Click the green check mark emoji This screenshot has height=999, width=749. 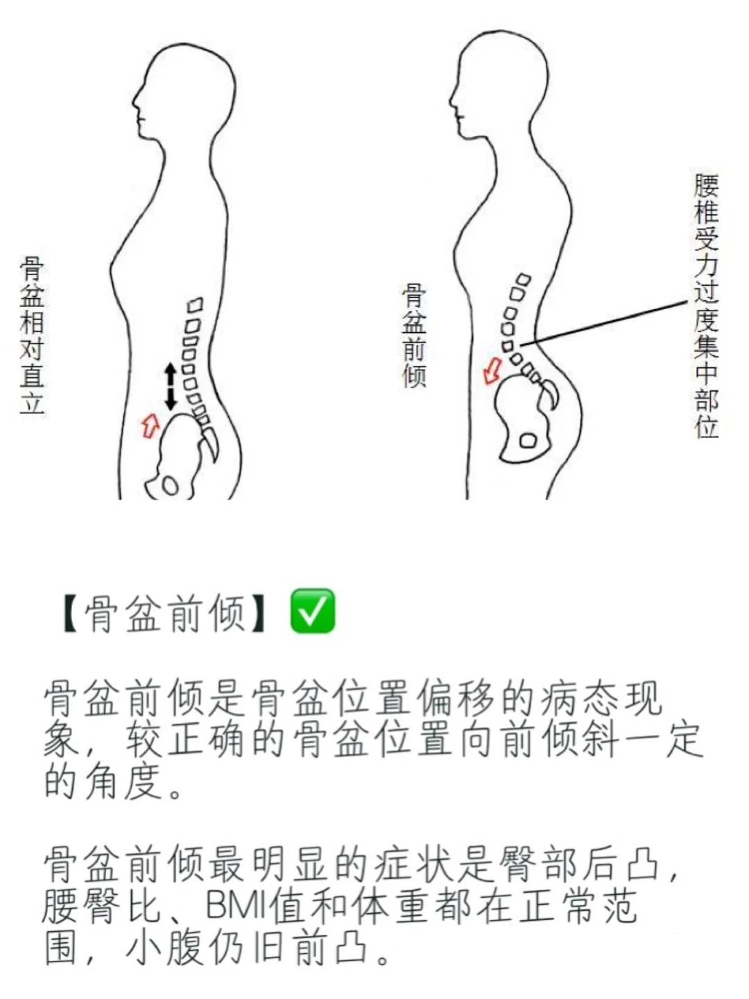click(x=312, y=610)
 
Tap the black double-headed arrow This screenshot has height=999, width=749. click(x=171, y=386)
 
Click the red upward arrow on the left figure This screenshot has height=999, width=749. click(x=150, y=426)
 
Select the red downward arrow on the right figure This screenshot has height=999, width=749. click(x=492, y=370)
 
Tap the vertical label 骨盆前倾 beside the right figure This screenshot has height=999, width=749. click(x=414, y=336)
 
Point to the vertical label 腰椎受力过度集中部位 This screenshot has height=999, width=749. click(x=706, y=305)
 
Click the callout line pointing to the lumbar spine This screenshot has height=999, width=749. click(x=603, y=322)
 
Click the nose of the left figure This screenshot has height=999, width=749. click(x=135, y=105)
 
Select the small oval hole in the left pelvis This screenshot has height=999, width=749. click(x=171, y=485)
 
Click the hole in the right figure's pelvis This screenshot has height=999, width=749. click(x=528, y=440)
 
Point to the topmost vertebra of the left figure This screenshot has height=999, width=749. click(x=196, y=304)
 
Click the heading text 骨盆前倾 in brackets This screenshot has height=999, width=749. click(x=164, y=611)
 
